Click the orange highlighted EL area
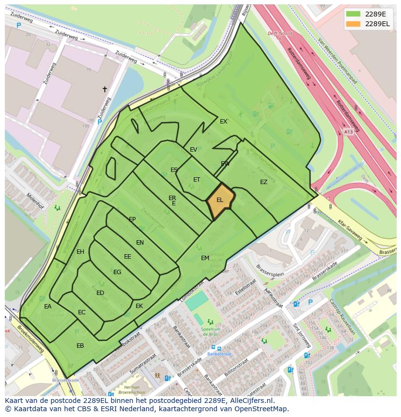point(220,200)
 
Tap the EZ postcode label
point(263,182)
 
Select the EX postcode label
point(223,122)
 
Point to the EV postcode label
point(193,150)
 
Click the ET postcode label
point(197,180)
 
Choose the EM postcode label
point(205,258)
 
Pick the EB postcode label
point(80,345)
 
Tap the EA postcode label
point(47,307)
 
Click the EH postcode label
point(80,252)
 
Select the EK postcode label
point(139,306)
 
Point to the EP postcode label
point(132,219)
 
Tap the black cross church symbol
point(105,89)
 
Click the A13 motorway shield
point(349,131)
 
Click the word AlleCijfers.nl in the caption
point(251,401)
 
